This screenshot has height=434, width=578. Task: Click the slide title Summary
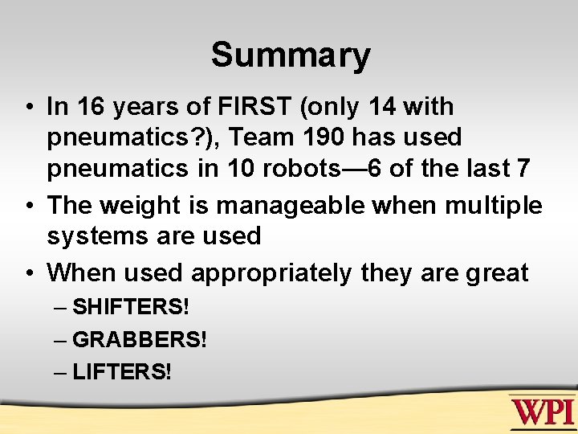click(x=290, y=55)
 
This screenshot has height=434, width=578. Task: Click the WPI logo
click(x=543, y=412)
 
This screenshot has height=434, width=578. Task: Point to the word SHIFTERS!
click(x=130, y=307)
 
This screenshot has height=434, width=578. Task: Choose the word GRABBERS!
click(x=139, y=339)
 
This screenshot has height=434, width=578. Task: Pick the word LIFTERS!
click(x=121, y=371)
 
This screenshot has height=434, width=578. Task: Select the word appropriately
click(x=271, y=273)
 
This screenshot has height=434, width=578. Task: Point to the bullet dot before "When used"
click(x=29, y=273)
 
